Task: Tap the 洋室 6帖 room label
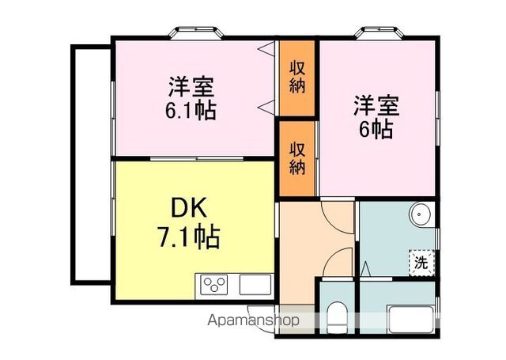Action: point(376,116)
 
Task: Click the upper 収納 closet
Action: point(297,76)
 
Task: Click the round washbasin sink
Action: point(421,214)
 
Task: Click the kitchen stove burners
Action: point(215,282)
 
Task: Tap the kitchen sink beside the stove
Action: point(255,283)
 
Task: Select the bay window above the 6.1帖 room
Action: point(194,32)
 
